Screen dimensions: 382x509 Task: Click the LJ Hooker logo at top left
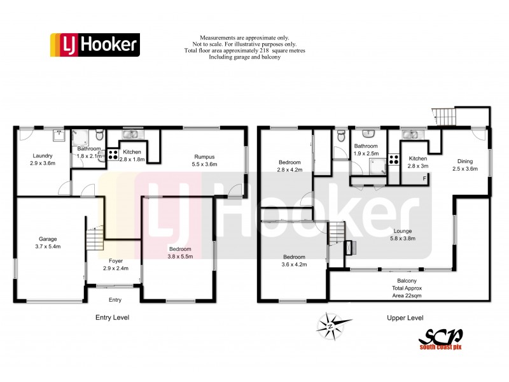[x=94, y=45]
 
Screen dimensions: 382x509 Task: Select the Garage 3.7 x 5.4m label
[x=48, y=243]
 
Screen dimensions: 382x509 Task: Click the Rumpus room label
[x=205, y=160]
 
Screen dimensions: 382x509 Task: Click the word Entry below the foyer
[x=115, y=300]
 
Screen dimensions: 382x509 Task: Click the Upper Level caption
[x=405, y=318]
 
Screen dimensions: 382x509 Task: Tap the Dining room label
[x=464, y=165]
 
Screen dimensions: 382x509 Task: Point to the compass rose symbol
[x=331, y=325]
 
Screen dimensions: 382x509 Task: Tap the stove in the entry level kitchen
[x=112, y=155]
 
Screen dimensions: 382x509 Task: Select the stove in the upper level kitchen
[x=393, y=160]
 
